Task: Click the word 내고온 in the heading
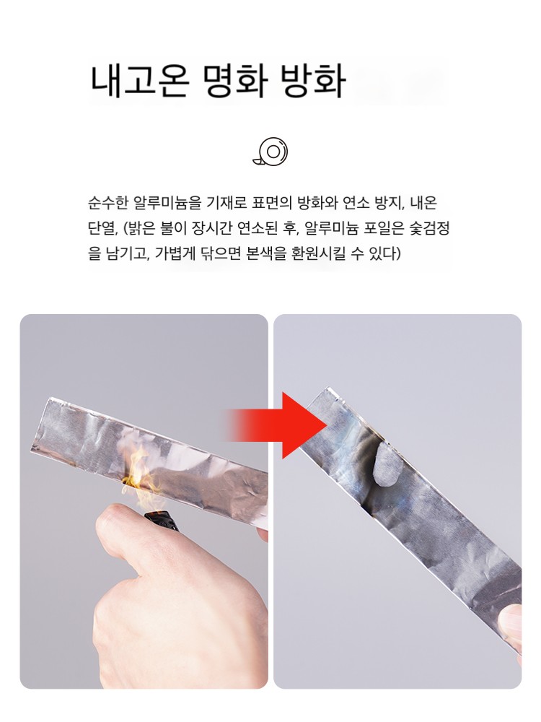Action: (x=140, y=82)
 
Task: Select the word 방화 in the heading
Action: (x=313, y=82)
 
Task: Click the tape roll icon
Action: (x=270, y=151)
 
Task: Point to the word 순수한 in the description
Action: (x=107, y=203)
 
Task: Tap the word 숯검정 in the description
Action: (x=430, y=228)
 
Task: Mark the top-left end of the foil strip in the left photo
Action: (x=48, y=399)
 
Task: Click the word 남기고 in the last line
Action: (x=126, y=253)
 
